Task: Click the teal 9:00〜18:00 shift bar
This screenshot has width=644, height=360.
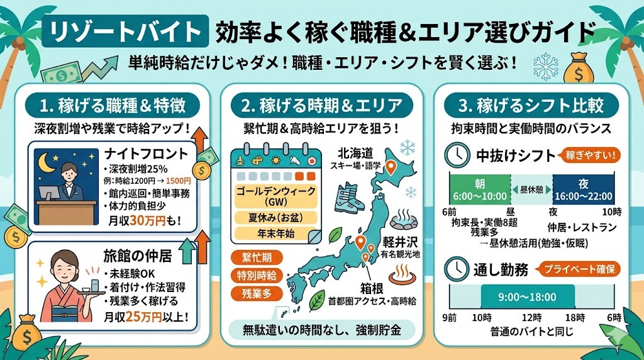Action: click(x=527, y=297)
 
